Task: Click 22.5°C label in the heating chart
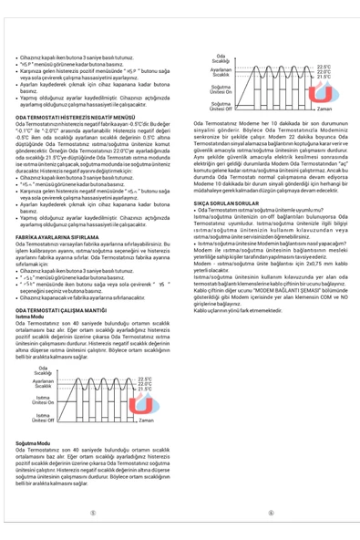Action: pyautogui.click(x=146, y=379)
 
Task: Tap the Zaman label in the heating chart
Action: pyautogui.click(x=145, y=421)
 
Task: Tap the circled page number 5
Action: pyautogui.click(x=92, y=512)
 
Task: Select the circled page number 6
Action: pyautogui.click(x=271, y=512)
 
